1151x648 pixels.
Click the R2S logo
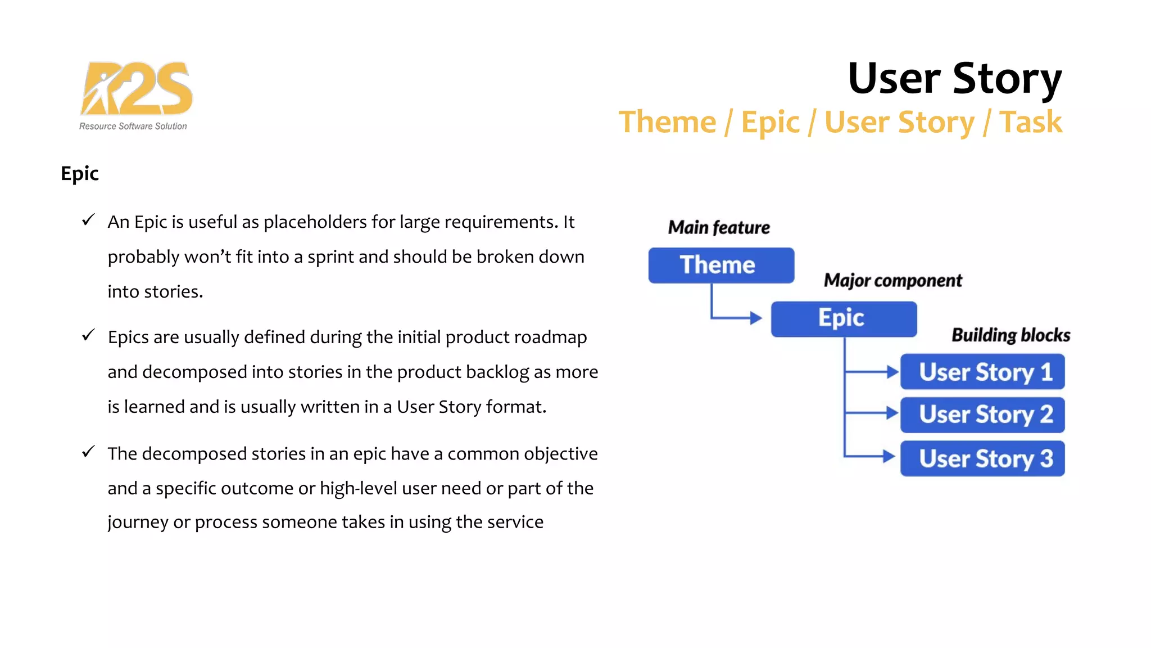137,88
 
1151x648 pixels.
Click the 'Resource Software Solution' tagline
133,127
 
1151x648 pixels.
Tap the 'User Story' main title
954,78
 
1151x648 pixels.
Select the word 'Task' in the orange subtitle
1031,122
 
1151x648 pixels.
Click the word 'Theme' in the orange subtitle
667,122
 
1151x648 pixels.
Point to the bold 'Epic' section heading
80,173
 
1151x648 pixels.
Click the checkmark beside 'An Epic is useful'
88,220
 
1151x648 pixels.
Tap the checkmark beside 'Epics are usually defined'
88,335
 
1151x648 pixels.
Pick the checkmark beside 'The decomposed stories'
88,452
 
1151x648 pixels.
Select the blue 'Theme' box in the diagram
721,265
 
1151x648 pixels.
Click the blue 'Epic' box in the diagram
844,319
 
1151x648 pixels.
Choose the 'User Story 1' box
982,372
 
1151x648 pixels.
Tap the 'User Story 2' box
982,415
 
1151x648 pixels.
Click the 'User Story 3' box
982,458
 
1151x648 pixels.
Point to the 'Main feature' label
719,227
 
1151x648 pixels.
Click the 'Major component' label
892,280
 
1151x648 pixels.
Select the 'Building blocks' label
1010,335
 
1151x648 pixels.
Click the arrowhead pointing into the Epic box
756,318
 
